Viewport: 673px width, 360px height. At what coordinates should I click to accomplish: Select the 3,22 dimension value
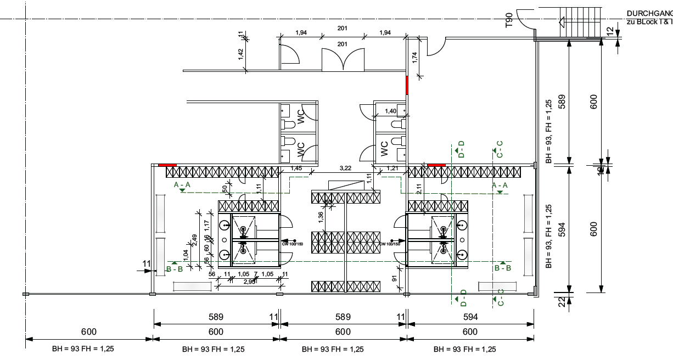point(346,168)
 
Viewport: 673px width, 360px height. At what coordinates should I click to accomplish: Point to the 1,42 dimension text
point(240,54)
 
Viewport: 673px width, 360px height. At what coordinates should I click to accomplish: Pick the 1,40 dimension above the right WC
point(390,111)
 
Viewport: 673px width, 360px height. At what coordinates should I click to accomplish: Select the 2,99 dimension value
point(249,282)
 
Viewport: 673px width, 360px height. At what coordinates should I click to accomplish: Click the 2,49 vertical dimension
point(194,240)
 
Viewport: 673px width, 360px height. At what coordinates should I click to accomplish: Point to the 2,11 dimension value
point(419,189)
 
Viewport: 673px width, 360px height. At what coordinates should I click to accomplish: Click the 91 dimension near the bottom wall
point(394,279)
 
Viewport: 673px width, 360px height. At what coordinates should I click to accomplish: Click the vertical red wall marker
point(407,86)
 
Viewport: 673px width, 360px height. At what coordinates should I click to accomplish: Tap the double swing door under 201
point(343,59)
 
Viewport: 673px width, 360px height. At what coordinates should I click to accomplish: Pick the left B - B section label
point(175,269)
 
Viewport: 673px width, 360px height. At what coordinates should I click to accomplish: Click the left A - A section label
point(182,185)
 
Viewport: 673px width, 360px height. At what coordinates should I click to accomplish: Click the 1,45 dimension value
point(296,168)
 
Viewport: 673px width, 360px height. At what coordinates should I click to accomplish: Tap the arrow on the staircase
point(562,22)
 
